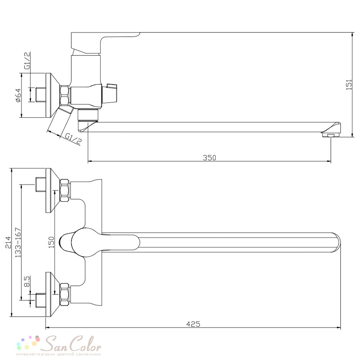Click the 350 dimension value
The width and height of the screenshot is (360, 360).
(210, 158)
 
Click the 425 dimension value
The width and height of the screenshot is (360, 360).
(193, 324)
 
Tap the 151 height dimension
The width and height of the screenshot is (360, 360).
(349, 85)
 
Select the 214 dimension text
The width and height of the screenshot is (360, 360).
(8, 242)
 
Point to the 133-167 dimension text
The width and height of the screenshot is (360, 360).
(18, 242)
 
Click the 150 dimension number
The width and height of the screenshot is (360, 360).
(51, 242)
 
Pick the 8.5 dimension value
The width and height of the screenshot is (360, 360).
(27, 281)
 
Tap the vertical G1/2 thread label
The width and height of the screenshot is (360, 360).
(27, 60)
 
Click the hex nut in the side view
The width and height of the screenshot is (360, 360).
(64, 95)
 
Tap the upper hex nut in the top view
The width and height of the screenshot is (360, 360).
(64, 190)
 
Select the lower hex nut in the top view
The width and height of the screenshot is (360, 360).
(64, 294)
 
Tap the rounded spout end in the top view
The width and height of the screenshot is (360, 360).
(337, 242)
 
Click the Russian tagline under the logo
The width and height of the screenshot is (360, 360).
(59, 354)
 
